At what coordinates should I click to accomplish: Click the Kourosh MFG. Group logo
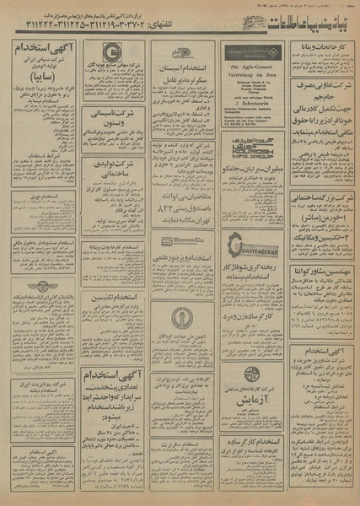tap(250, 145)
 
